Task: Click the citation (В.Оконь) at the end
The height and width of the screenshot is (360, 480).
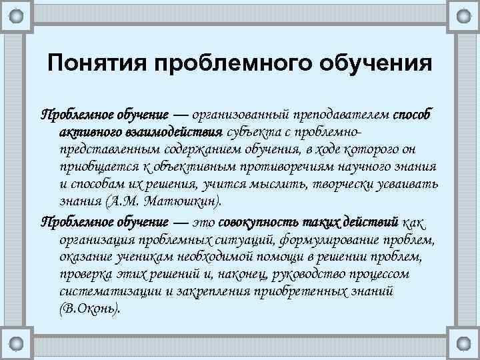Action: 89,309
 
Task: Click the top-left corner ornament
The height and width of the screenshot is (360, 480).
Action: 19,15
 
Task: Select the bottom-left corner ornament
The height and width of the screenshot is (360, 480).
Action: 19,344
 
